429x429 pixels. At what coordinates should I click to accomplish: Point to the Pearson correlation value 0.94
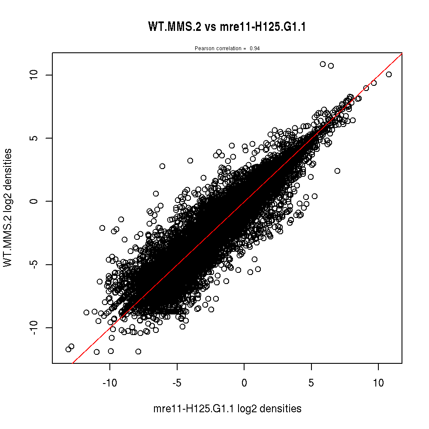[254, 48]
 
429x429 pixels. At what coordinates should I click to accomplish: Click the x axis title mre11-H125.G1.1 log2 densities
[227, 409]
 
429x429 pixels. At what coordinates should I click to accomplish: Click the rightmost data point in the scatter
[389, 74]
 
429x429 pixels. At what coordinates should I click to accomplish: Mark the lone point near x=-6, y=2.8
[162, 166]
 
